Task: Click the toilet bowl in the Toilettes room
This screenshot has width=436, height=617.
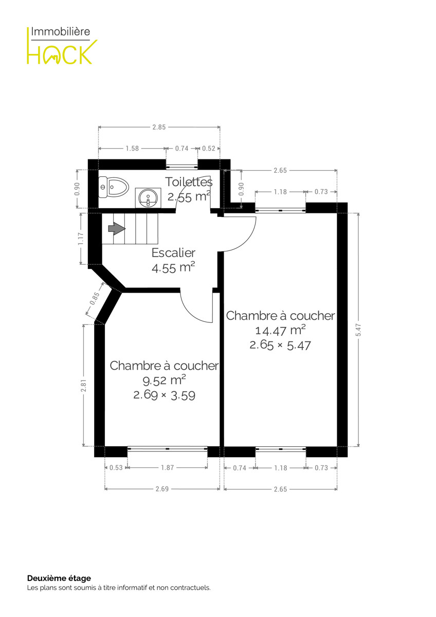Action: click(x=114, y=187)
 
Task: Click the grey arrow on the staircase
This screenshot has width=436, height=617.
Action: click(x=117, y=229)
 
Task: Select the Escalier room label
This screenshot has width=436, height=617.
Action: click(x=173, y=253)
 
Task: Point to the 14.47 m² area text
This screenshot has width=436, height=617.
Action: click(x=280, y=330)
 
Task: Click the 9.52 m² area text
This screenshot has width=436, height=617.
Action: click(x=164, y=380)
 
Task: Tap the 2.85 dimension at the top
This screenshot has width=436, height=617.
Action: click(x=159, y=127)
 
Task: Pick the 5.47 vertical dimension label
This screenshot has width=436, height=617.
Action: click(x=358, y=330)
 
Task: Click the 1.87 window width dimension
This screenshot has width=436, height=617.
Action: click(x=168, y=467)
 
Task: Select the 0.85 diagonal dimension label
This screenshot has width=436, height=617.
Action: click(x=95, y=299)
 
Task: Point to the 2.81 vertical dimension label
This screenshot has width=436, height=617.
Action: click(x=84, y=385)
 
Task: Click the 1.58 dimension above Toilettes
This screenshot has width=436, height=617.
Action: click(x=132, y=149)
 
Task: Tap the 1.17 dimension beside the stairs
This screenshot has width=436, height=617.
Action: click(x=80, y=239)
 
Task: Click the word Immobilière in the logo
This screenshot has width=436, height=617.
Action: click(x=61, y=32)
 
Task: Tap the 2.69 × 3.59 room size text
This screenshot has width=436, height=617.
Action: click(x=164, y=395)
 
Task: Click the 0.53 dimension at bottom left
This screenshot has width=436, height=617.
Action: click(x=116, y=467)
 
